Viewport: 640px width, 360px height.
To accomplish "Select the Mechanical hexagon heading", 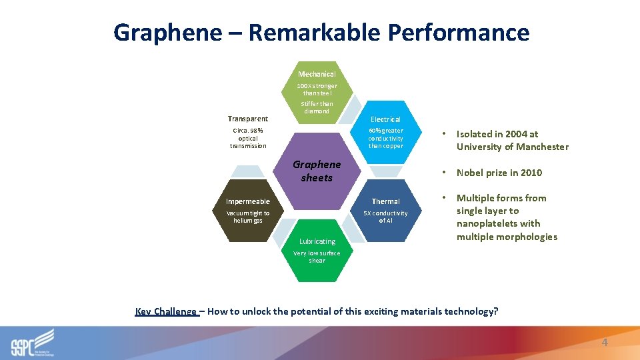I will click(317, 74).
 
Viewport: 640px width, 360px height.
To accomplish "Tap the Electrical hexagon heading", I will click(385, 119).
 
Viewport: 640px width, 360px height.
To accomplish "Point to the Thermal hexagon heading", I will click(385, 201).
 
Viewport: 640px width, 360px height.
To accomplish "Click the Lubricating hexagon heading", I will click(317, 241).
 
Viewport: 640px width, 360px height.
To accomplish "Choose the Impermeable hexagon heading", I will click(247, 201).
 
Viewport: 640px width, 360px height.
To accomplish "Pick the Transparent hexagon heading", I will click(247, 119).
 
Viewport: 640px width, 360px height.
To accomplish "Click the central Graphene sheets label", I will click(317, 171).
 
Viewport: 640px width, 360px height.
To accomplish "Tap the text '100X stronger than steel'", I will click(317, 89).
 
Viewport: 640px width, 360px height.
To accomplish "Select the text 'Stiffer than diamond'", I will click(317, 107).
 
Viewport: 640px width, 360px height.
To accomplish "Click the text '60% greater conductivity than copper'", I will click(385, 138).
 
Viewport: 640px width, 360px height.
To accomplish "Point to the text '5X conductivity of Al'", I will click(385, 217).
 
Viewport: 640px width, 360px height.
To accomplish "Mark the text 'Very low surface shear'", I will click(317, 257).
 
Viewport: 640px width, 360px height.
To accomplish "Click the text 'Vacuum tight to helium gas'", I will click(247, 217).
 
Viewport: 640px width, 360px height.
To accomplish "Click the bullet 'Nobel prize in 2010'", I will click(499, 173).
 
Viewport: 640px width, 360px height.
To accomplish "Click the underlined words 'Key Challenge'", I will click(166, 311).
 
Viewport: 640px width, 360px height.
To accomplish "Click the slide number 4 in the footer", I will click(605, 342).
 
